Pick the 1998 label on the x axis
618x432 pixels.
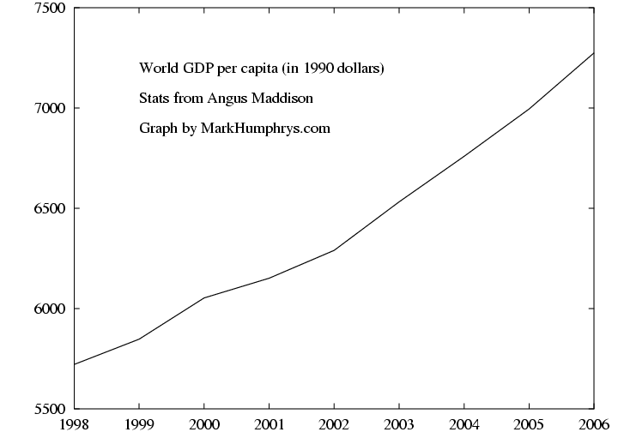click(x=74, y=424)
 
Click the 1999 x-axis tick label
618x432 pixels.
click(x=139, y=424)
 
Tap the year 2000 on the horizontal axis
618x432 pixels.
click(x=204, y=424)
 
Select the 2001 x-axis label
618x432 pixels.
click(x=270, y=424)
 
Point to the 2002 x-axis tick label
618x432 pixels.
click(x=334, y=424)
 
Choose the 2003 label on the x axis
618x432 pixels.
click(x=399, y=424)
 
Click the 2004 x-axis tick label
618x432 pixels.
click(x=464, y=424)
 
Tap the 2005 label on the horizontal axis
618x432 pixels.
click(x=530, y=424)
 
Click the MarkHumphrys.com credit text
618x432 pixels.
click(x=265, y=129)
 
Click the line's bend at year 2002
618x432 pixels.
click(x=334, y=249)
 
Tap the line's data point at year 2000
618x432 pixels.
click(x=204, y=297)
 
